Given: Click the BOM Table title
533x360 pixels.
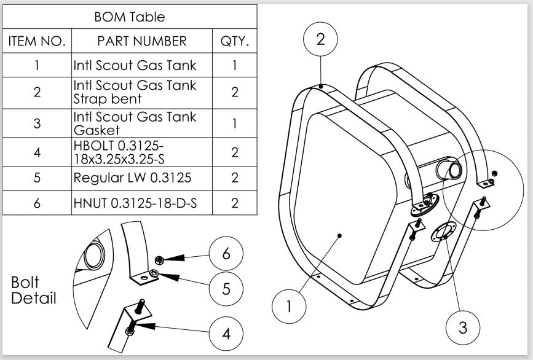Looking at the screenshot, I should [130, 17].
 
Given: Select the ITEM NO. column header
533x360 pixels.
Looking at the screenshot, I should [37, 42].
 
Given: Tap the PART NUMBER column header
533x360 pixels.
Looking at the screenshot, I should [142, 42].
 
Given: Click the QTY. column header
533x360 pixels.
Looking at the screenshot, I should [234, 42].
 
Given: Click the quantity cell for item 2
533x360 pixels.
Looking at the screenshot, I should [234, 92].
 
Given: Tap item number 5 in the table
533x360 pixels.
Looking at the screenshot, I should [37, 178].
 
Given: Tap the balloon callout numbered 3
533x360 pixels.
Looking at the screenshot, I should [463, 327].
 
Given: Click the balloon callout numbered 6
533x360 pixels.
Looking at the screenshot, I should [226, 253].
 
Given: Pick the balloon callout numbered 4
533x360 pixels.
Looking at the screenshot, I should [226, 334].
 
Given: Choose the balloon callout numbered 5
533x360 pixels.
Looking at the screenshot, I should [226, 288].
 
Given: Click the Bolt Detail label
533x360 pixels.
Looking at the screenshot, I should [34, 291].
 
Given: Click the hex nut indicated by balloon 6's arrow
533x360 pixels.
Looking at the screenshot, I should [159, 260].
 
